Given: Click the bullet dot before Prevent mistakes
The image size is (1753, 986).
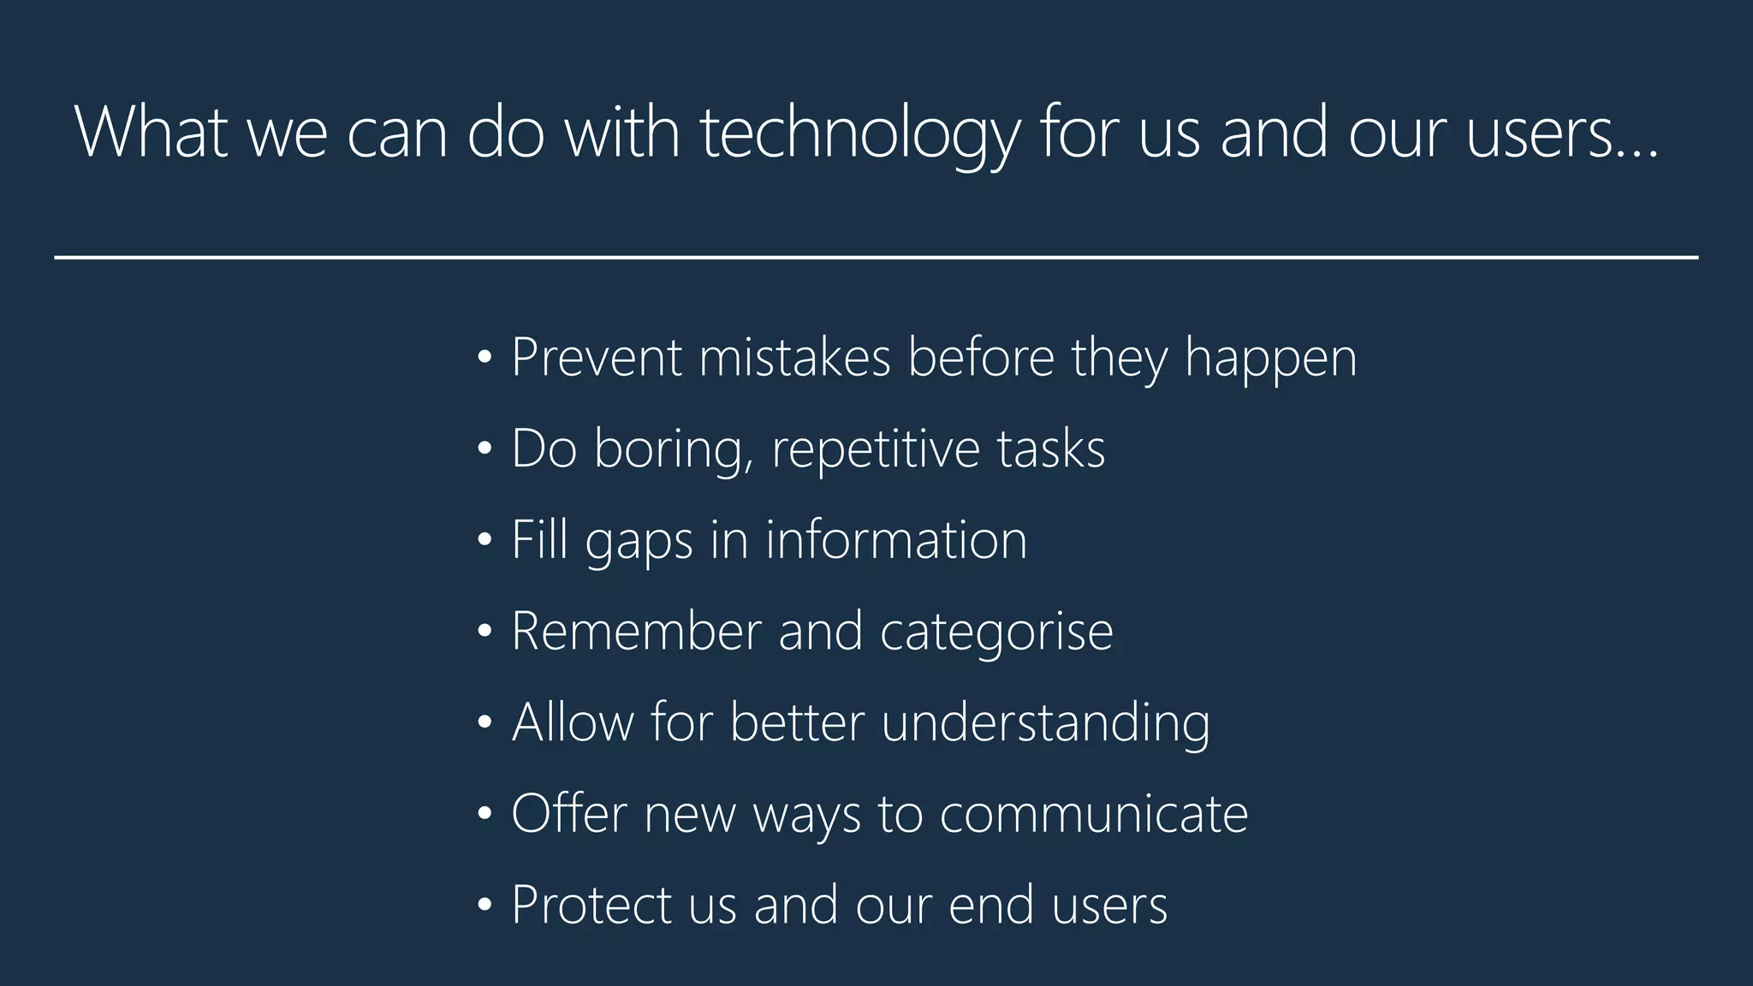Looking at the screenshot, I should [x=484, y=357].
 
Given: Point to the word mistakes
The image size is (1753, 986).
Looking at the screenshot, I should [x=794, y=357].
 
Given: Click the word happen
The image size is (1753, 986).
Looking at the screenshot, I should [x=1270, y=359].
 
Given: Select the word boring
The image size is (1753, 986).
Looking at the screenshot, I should [x=674, y=448].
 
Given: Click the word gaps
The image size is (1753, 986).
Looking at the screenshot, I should [x=639, y=542].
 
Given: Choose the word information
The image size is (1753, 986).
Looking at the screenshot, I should [x=895, y=540].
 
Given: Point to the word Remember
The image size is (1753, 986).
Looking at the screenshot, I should [x=636, y=632].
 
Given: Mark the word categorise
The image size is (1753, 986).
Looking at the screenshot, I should [x=996, y=632].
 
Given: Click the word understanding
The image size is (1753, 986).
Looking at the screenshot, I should [x=1045, y=723].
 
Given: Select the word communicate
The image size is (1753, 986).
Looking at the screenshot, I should [x=1093, y=814].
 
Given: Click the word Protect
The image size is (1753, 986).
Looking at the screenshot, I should [x=591, y=905].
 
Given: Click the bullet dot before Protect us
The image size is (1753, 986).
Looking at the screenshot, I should [x=484, y=905].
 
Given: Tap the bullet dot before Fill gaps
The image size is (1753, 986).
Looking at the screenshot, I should [x=484, y=540].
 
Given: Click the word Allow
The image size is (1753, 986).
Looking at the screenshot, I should [x=573, y=722].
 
